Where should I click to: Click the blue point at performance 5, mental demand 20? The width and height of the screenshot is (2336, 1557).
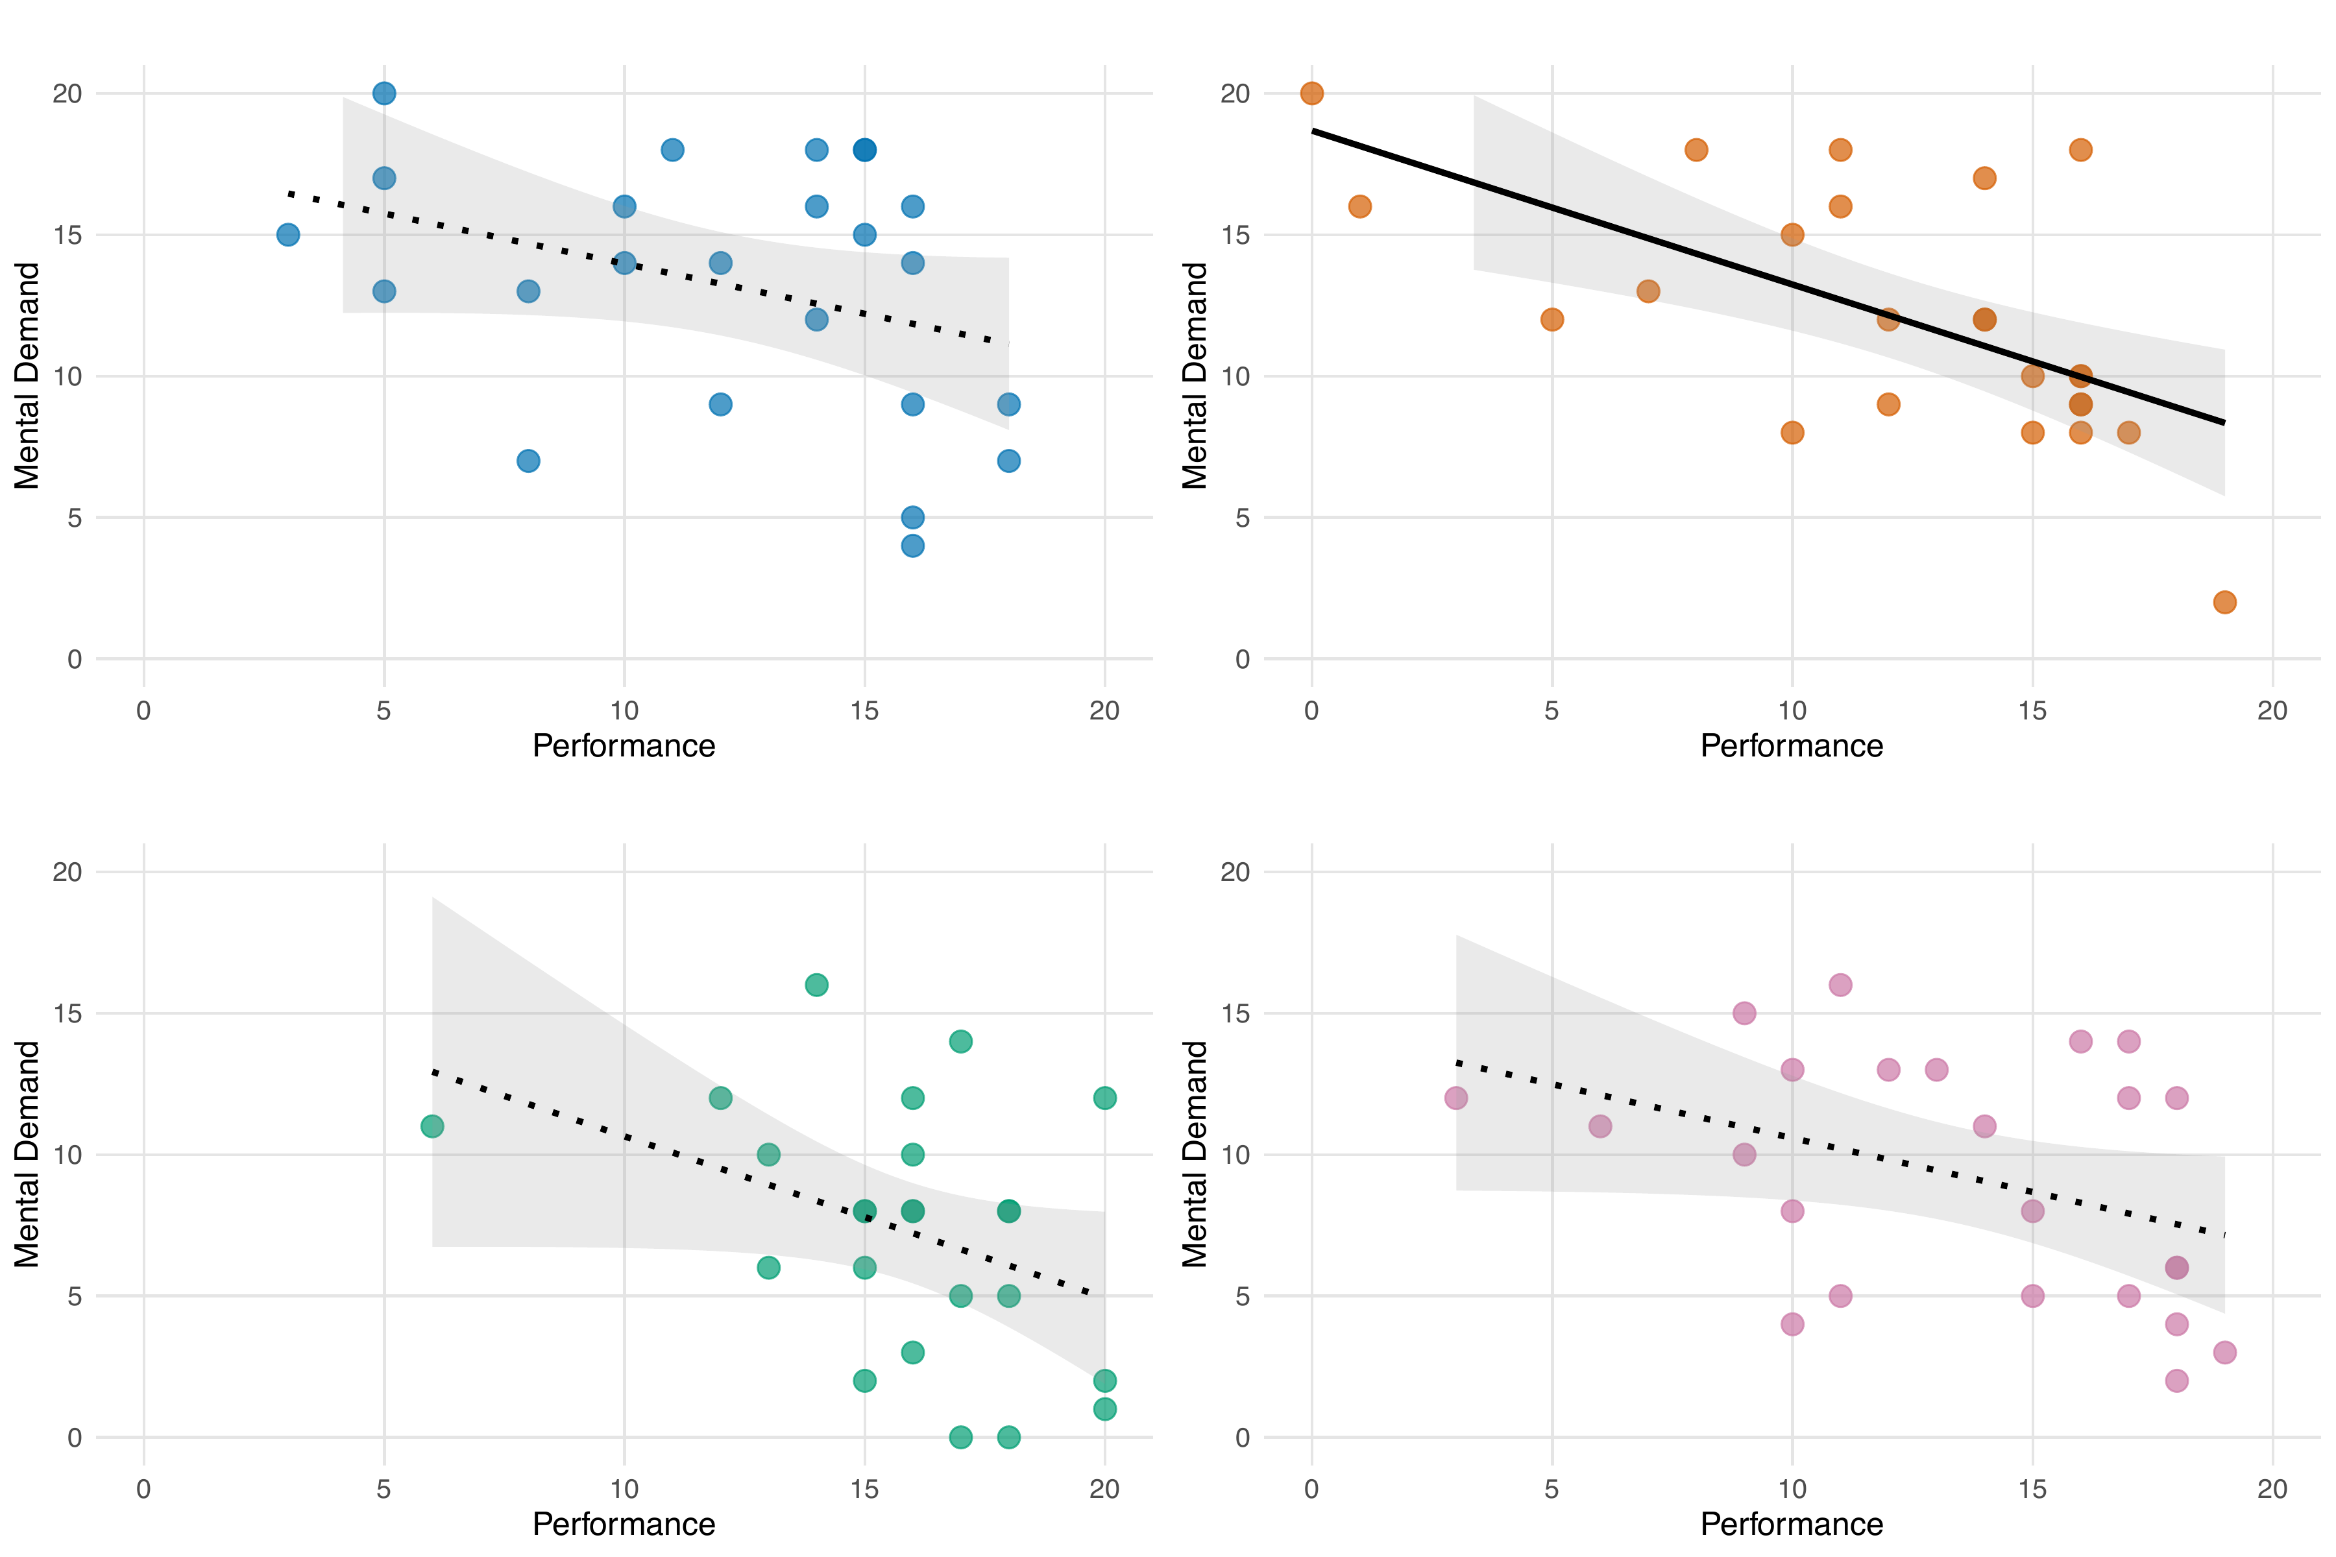pyautogui.click(x=383, y=93)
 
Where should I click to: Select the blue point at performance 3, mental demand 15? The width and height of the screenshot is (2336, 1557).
pyautogui.click(x=288, y=234)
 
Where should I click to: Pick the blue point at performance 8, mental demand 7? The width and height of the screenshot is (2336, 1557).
pyautogui.click(x=528, y=461)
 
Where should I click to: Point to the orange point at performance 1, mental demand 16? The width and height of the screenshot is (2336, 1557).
pyautogui.click(x=1359, y=206)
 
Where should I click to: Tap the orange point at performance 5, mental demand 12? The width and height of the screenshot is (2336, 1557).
pyautogui.click(x=1551, y=319)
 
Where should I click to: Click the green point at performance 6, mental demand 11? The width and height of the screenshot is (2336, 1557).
pyautogui.click(x=432, y=1126)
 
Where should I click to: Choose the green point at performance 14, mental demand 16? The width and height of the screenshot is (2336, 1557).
pyautogui.click(x=816, y=985)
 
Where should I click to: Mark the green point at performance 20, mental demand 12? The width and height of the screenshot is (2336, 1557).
pyautogui.click(x=1104, y=1097)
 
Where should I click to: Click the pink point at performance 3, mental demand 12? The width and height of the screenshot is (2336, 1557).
pyautogui.click(x=1456, y=1097)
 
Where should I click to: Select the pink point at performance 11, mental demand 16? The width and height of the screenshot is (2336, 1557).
pyautogui.click(x=1840, y=985)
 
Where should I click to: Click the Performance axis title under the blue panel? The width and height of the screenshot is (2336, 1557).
pyautogui.click(x=624, y=745)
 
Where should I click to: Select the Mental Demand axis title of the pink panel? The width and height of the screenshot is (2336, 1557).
pyautogui.click(x=1194, y=1154)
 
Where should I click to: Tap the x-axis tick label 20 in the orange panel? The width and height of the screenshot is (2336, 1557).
pyautogui.click(x=2272, y=711)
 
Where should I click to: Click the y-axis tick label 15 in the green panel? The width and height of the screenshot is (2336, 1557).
pyautogui.click(x=67, y=1014)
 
